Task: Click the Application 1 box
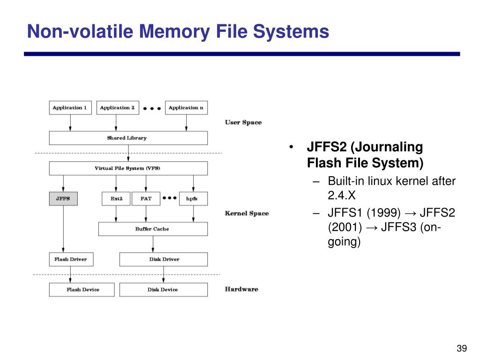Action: [x=70, y=108]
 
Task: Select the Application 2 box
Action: [x=117, y=108]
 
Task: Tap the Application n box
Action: [x=186, y=108]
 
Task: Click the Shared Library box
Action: [x=128, y=138]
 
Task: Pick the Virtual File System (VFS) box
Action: [x=128, y=168]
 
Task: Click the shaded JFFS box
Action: [x=63, y=199]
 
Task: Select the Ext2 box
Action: [x=116, y=199]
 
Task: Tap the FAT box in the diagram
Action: [x=146, y=199]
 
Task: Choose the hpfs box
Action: [x=193, y=199]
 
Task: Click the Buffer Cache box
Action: [x=152, y=229]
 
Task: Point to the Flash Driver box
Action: [x=71, y=259]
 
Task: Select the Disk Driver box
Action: [x=163, y=259]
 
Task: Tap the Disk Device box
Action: [x=163, y=290]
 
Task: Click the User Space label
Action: [x=243, y=122]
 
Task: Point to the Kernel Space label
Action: [x=247, y=213]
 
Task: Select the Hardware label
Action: [x=241, y=289]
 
